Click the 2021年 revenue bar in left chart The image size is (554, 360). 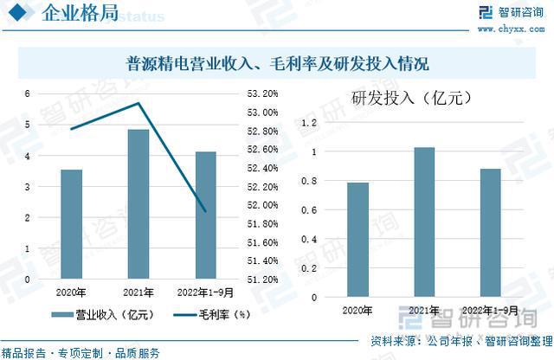(138, 204)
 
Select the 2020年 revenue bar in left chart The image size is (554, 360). (71, 224)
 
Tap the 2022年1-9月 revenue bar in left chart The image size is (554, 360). (205, 215)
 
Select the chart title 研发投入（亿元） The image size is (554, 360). (410, 98)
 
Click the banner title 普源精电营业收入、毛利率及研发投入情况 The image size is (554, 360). (278, 63)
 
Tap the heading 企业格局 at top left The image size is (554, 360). (74, 14)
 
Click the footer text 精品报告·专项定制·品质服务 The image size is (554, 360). (81, 352)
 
